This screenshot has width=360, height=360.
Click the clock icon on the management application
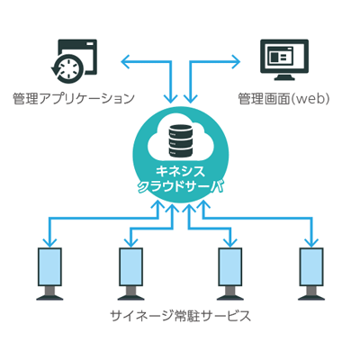pos(67,68)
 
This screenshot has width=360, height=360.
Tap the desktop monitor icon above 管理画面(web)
pos(284,60)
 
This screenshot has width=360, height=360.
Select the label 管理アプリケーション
pos(74,99)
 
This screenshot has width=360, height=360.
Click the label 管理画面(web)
pos(283,99)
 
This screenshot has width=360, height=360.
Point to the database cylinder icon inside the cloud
pos(180,140)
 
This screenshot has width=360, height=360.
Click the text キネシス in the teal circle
pos(180,172)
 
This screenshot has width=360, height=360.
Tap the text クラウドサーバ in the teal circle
pos(180,187)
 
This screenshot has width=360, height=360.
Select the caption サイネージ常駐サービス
pos(180,316)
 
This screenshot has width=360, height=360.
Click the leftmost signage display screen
pos(49,266)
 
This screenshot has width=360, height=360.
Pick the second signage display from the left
pos(130,266)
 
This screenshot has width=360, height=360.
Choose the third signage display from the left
pos(229,266)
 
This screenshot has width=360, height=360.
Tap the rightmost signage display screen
pos(311,266)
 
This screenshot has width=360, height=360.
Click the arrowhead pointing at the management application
pos(125,62)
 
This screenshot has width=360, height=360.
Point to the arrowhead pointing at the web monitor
pos(236,62)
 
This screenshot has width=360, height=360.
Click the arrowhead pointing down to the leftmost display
pos(49,243)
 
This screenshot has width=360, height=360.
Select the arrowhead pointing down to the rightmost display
pos(311,243)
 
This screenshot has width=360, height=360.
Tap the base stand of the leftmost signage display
pos(49,293)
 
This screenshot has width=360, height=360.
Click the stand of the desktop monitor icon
pos(284,77)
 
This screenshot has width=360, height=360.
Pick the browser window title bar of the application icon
pos(77,44)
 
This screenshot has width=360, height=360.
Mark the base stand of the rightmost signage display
pos(311,293)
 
